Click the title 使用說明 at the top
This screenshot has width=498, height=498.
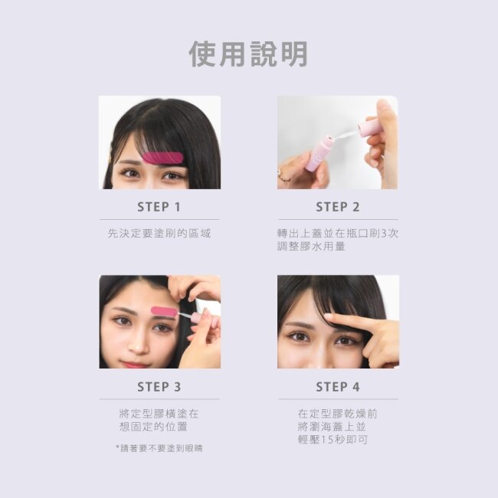(x=248, y=54)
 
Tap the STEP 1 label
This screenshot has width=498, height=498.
(x=159, y=207)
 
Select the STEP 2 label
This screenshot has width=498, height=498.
(x=338, y=207)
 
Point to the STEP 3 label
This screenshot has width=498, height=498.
(x=159, y=387)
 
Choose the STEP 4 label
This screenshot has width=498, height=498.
(x=338, y=387)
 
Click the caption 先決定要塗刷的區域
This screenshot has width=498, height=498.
(x=159, y=234)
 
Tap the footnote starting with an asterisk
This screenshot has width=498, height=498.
(x=159, y=448)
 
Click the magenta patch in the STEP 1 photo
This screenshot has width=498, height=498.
(x=162, y=158)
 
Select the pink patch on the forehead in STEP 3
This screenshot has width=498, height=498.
(x=164, y=311)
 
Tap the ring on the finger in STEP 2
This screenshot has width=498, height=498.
(x=283, y=175)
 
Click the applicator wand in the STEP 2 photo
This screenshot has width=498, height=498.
(x=346, y=135)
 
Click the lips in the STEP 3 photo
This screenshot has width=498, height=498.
(x=134, y=364)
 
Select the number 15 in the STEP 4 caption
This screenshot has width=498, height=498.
(x=327, y=440)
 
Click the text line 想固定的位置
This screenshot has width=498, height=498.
(x=153, y=427)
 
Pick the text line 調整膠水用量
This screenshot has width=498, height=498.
(x=311, y=247)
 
